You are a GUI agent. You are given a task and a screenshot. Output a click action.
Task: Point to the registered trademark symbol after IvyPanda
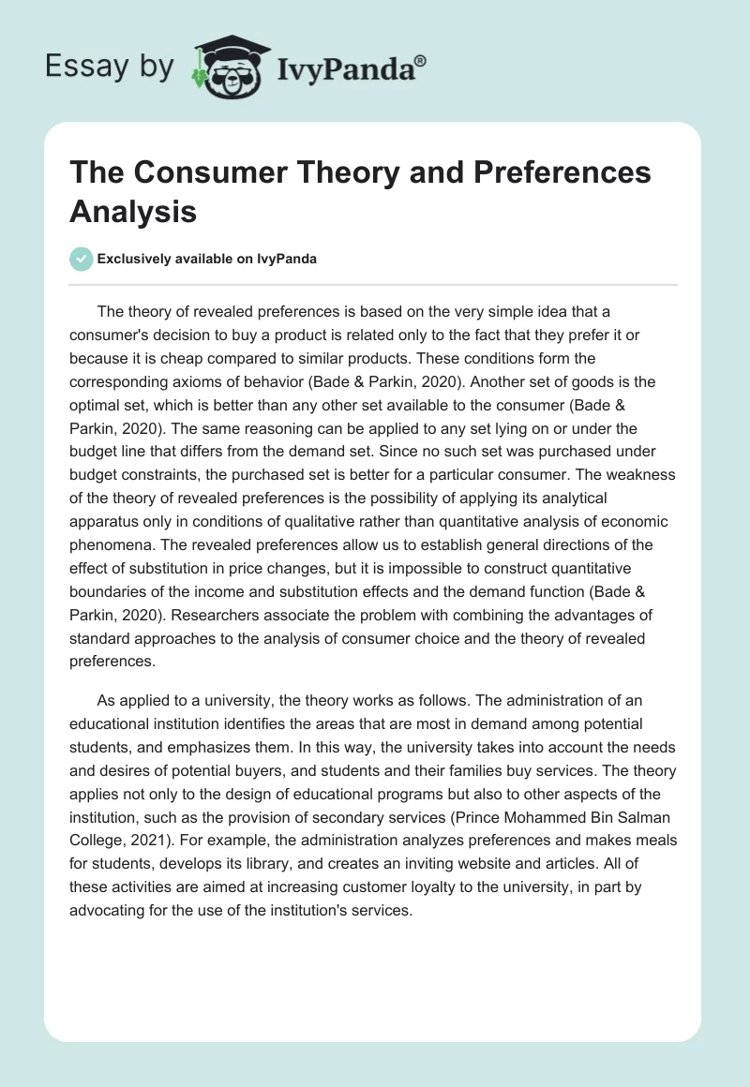click(x=421, y=59)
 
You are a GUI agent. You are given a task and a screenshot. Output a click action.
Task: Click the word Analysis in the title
click(x=132, y=211)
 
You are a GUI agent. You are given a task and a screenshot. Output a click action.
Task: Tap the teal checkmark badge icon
click(x=82, y=259)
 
